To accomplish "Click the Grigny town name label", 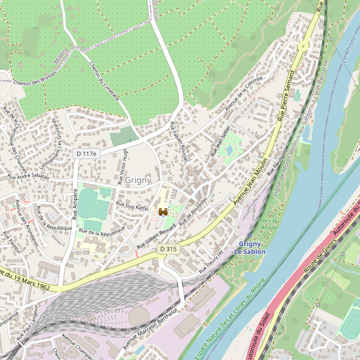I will tap(139, 179).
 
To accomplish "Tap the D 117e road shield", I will tap(86, 154).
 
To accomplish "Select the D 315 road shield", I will tap(169, 248).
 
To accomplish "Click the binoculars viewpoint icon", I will tap(163, 211).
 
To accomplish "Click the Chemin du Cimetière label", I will tap(104, 81).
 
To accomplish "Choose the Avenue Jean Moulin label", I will tap(249, 187).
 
